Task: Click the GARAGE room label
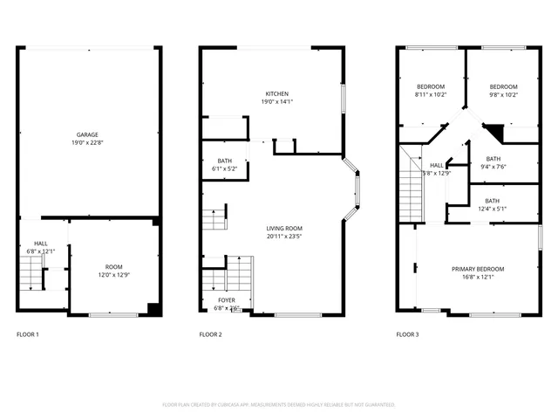click(x=86, y=134)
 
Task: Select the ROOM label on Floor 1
click(x=114, y=266)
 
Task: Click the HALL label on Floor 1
click(x=41, y=244)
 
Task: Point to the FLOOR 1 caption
click(x=28, y=334)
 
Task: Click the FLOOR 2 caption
click(x=210, y=334)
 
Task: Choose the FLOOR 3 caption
click(x=407, y=334)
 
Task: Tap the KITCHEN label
click(x=277, y=93)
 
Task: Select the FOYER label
click(x=227, y=299)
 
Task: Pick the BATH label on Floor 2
click(x=225, y=161)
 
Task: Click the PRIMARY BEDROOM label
click(x=478, y=269)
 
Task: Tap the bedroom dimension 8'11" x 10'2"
click(x=431, y=94)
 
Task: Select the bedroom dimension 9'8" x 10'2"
click(x=503, y=94)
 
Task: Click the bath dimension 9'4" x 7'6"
click(x=493, y=167)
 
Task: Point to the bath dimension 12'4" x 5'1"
click(x=493, y=208)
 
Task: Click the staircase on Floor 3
click(x=410, y=188)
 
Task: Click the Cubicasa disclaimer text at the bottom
click(x=279, y=405)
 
